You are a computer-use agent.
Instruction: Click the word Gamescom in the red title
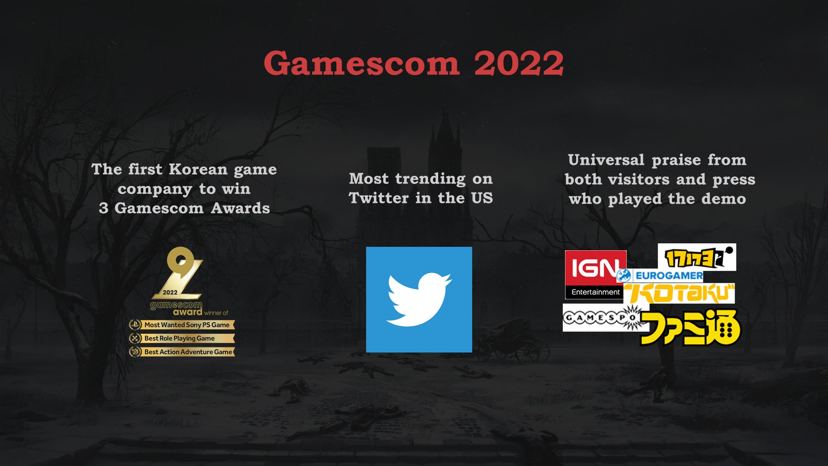361,63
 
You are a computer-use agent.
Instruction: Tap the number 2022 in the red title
519,63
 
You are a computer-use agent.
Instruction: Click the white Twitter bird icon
419,299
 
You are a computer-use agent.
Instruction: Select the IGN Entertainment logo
596,275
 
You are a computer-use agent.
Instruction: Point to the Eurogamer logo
660,275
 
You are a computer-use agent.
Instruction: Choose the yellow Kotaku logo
679,293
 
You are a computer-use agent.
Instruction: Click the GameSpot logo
605,318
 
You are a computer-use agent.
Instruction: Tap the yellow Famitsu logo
690,327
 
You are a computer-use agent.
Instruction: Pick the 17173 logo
697,257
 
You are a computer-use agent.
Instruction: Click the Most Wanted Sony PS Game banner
182,325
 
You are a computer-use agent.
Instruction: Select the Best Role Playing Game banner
182,338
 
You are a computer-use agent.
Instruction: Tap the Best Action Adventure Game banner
182,352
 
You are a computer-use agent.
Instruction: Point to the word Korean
198,170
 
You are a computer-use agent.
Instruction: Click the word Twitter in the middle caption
379,198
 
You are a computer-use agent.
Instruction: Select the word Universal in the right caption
606,160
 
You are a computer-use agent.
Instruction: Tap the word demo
724,199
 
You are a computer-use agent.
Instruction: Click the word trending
430,179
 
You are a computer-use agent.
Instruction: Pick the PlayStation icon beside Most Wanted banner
135,325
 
